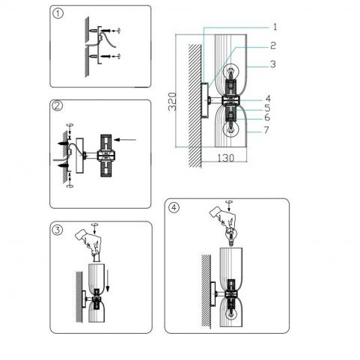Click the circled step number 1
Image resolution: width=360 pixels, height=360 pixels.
click(x=58, y=13)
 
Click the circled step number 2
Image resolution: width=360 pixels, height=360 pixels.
click(x=57, y=106)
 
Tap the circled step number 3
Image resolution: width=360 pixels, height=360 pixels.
click(x=57, y=230)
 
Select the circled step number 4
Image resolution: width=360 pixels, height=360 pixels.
click(x=174, y=207)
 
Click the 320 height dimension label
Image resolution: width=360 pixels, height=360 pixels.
click(x=172, y=102)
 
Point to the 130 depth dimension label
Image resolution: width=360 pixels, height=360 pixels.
click(x=226, y=158)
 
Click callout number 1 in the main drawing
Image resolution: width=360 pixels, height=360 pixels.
click(x=275, y=27)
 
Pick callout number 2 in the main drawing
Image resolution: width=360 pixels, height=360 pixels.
click(x=273, y=46)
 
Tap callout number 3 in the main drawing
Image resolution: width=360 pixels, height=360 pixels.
click(x=273, y=64)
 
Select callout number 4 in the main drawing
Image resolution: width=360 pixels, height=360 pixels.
click(x=268, y=99)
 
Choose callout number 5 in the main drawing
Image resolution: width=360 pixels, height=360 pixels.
click(x=267, y=108)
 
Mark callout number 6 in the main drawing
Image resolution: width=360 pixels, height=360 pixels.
click(x=267, y=118)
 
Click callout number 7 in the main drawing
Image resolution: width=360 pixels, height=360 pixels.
click(x=266, y=130)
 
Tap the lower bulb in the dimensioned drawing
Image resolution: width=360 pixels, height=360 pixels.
click(x=232, y=128)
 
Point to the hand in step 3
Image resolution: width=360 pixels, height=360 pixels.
click(x=89, y=242)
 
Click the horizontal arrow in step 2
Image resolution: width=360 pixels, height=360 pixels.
click(x=125, y=140)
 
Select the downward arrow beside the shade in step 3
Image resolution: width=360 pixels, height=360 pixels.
click(x=108, y=280)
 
